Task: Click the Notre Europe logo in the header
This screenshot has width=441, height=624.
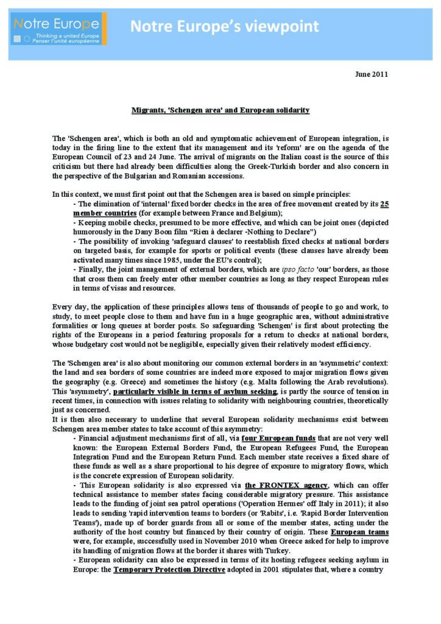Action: click(58, 29)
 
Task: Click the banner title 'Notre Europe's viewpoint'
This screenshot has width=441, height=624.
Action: click(225, 27)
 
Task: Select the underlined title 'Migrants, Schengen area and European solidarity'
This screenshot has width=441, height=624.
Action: click(220, 110)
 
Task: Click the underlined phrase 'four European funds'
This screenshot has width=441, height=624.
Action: click(277, 438)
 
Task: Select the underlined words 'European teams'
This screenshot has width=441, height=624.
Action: click(364, 532)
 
